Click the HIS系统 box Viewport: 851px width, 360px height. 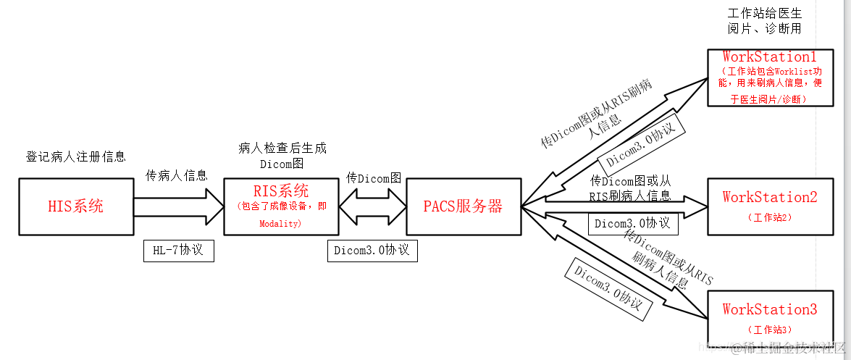[x=75, y=206]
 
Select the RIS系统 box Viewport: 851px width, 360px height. [x=281, y=206]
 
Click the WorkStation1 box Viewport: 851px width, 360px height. [x=769, y=78]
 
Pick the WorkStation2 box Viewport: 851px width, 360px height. [x=769, y=206]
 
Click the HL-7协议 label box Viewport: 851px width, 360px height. [x=179, y=251]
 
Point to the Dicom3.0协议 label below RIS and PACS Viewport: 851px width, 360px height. [x=372, y=250]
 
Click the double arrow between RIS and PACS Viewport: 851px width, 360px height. [x=372, y=206]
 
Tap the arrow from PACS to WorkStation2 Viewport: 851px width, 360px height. [x=616, y=206]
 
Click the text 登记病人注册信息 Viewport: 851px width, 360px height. [x=76, y=156]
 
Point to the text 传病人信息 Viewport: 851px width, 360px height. [x=177, y=175]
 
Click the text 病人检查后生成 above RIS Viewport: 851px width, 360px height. [x=282, y=148]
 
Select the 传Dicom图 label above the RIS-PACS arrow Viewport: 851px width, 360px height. [x=374, y=177]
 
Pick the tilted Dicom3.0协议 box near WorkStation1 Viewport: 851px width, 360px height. [x=642, y=143]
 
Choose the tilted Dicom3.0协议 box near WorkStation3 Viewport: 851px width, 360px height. [x=607, y=289]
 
